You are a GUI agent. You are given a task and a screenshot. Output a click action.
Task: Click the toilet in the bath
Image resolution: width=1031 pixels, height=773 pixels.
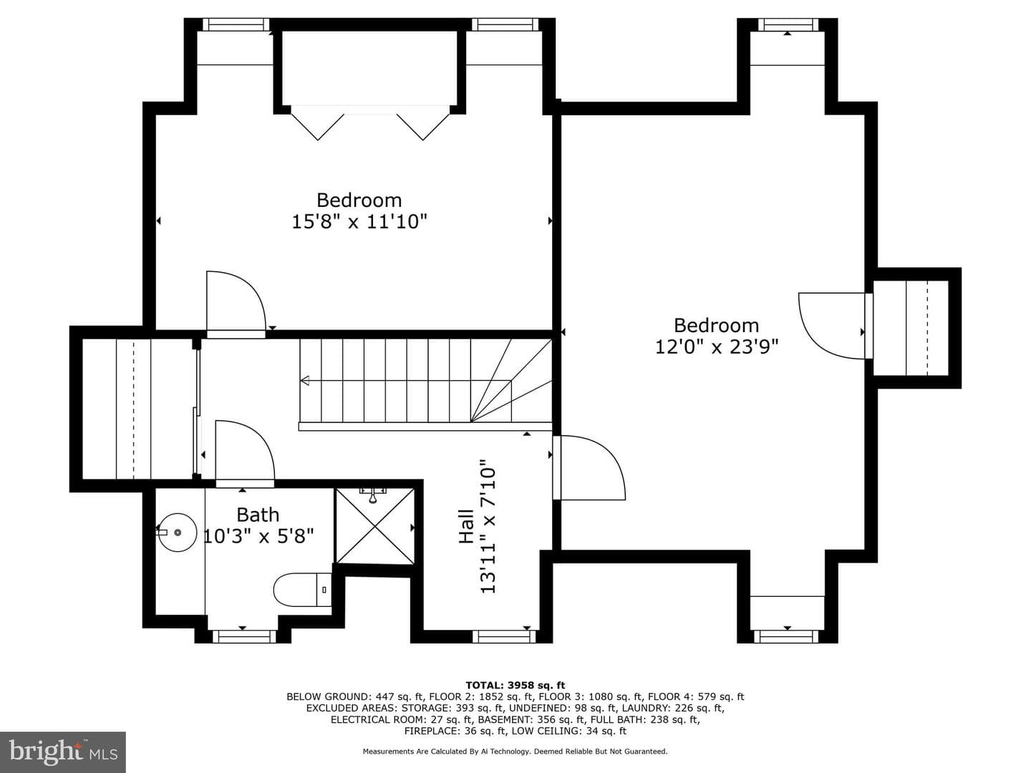(302, 590)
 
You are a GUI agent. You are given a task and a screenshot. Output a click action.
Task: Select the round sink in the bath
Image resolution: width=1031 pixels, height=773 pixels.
(177, 533)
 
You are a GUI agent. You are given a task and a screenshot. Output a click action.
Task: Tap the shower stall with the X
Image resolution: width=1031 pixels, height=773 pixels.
(375, 526)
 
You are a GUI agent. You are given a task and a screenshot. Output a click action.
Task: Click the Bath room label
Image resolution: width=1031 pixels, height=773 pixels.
(258, 515)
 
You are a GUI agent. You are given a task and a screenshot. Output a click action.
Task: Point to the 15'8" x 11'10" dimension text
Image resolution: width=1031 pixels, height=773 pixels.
(360, 222)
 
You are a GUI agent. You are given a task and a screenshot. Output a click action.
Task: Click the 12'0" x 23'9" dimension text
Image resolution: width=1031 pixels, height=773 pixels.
(717, 347)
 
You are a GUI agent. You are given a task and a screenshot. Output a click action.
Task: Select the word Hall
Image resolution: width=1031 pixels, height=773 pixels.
(466, 526)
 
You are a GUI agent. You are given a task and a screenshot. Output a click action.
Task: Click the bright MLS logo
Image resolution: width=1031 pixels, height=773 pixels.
(63, 752)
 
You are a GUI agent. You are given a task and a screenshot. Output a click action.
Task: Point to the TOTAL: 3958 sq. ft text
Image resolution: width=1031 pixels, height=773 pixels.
(515, 685)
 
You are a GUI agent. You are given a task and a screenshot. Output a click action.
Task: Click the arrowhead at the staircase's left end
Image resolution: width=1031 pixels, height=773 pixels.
(305, 381)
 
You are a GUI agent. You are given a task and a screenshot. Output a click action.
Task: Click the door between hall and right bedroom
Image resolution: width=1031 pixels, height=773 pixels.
(589, 467)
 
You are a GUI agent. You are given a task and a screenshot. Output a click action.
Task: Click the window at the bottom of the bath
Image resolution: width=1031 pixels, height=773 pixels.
(243, 636)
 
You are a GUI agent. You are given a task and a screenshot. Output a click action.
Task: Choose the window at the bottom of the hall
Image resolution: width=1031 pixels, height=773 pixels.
(503, 636)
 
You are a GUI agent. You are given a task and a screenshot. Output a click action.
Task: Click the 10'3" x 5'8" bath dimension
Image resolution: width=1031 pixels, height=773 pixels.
(258, 535)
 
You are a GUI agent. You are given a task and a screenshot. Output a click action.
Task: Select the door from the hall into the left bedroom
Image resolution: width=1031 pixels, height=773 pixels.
(236, 304)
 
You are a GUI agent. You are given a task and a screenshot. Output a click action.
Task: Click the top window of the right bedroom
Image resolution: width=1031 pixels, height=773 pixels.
(788, 25)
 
